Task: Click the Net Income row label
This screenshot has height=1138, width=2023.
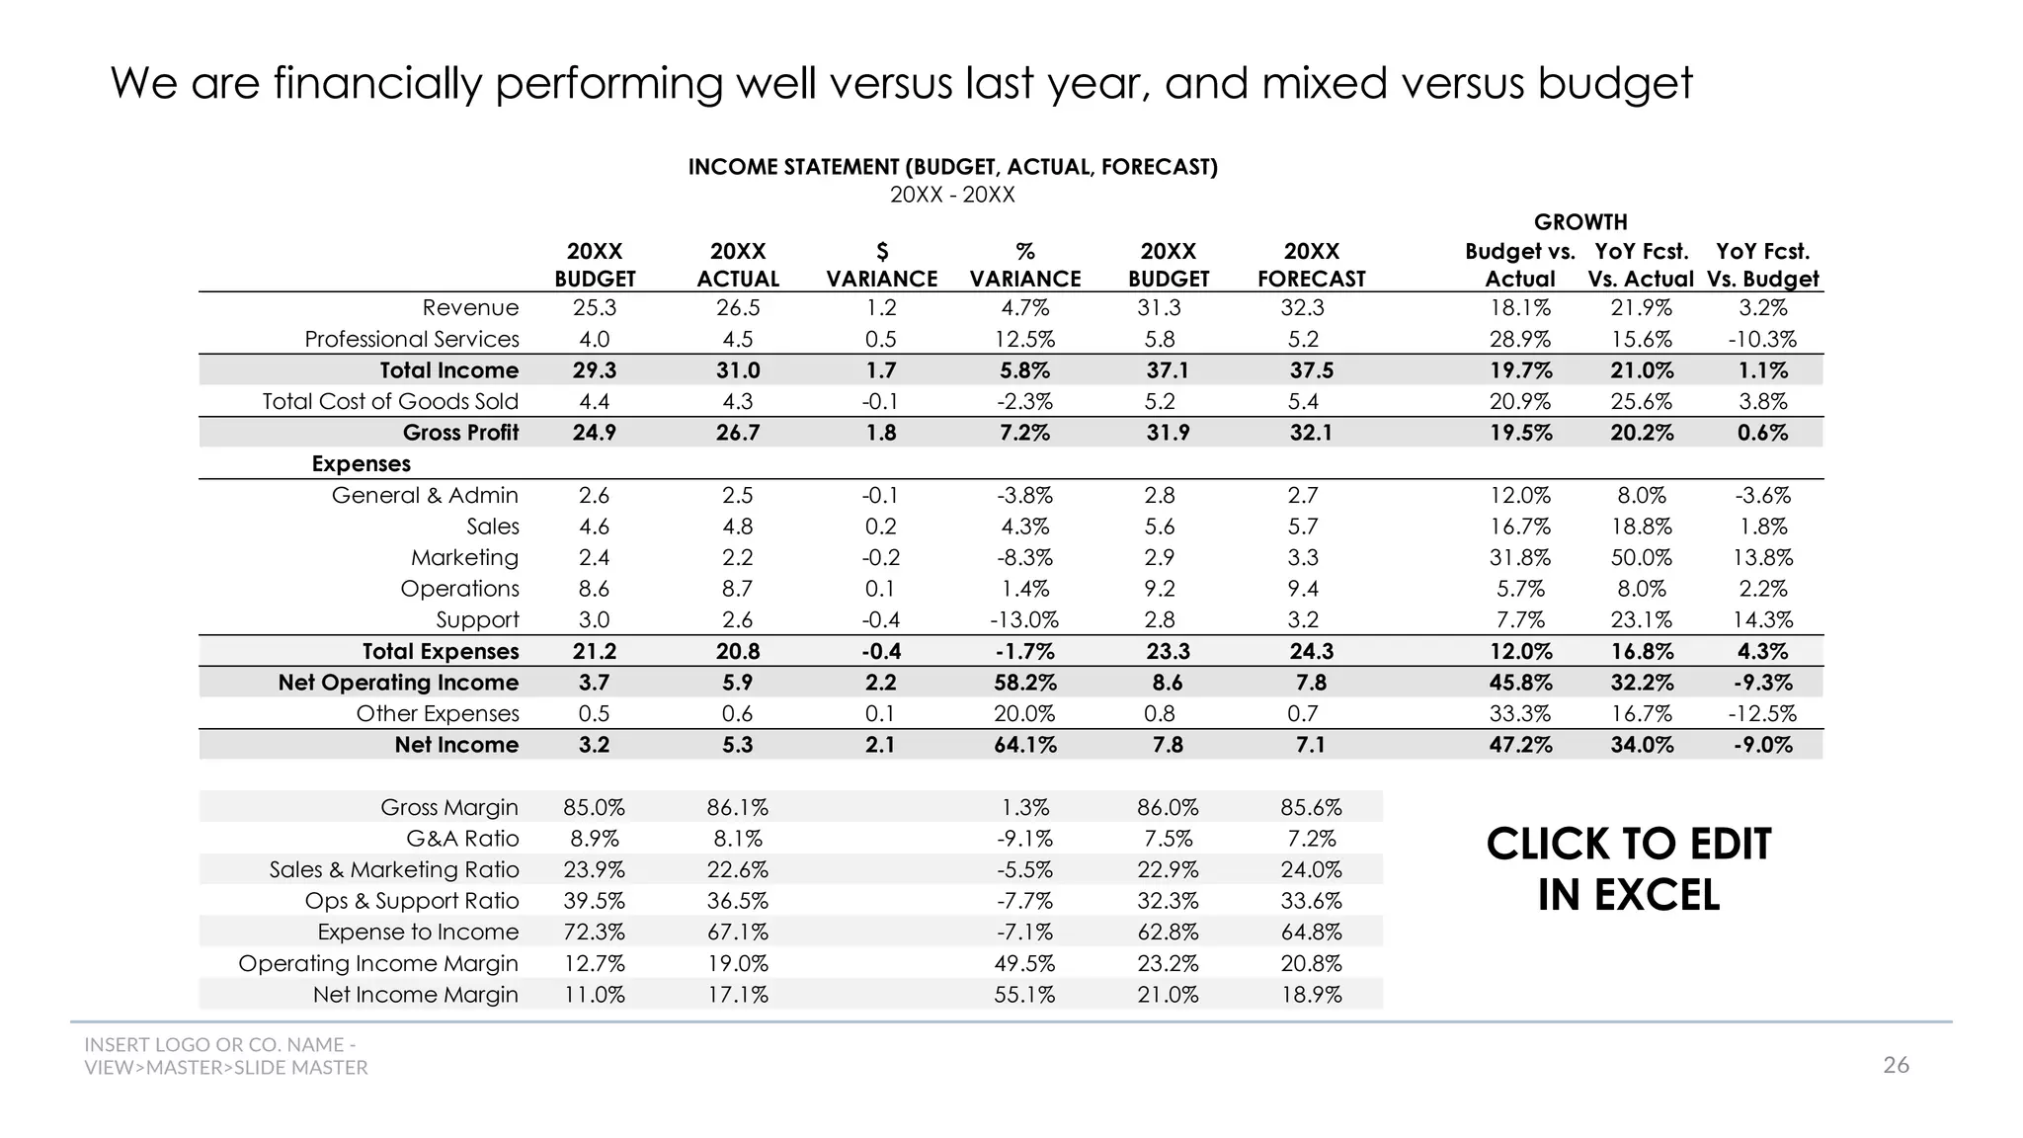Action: (x=456, y=745)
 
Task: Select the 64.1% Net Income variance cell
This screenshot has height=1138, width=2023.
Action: (x=1024, y=745)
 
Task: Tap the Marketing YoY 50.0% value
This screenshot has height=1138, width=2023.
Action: (x=1641, y=557)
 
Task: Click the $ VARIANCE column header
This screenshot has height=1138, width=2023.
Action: (x=881, y=266)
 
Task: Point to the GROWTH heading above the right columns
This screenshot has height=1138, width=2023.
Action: (x=1580, y=222)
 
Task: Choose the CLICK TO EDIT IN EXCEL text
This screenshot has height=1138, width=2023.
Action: (x=1628, y=869)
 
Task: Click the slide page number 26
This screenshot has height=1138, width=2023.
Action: (x=1896, y=1065)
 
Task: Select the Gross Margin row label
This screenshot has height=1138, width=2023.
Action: (x=448, y=807)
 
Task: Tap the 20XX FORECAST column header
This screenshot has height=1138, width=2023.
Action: (x=1311, y=266)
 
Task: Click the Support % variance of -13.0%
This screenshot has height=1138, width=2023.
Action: (x=1024, y=619)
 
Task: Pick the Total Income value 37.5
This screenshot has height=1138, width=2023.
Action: (x=1311, y=370)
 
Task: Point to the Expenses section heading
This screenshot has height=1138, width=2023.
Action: (x=361, y=464)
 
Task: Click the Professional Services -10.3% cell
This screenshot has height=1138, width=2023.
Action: (x=1762, y=340)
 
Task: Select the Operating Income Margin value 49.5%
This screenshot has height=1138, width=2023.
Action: (x=1024, y=963)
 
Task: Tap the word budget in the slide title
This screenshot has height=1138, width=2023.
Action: (x=1614, y=83)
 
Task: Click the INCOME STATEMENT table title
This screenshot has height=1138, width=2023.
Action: (x=952, y=167)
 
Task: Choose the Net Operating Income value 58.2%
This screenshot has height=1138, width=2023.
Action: (x=1024, y=683)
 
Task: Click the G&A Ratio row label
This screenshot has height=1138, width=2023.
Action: (x=462, y=839)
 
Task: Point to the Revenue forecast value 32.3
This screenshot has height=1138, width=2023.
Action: (x=1302, y=308)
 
